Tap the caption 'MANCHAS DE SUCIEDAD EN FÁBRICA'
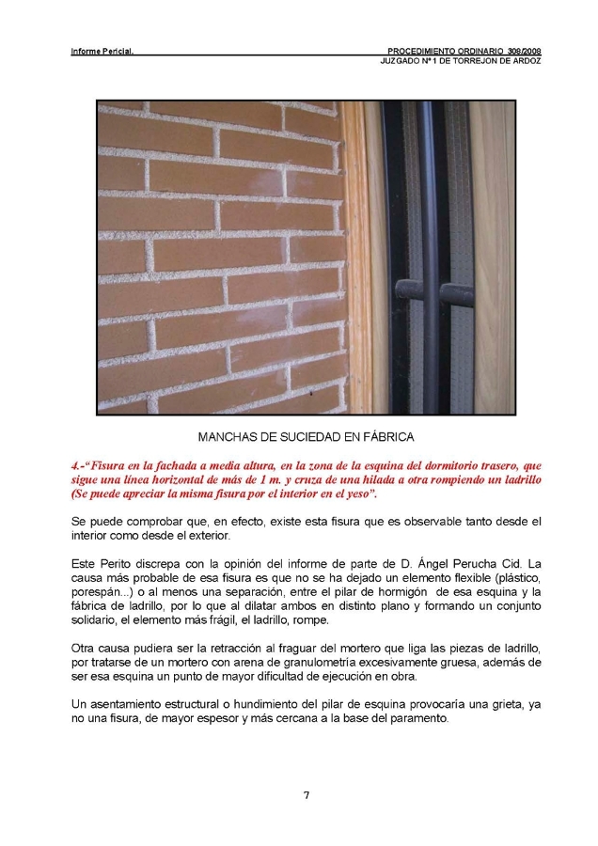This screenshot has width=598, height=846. (x=306, y=437)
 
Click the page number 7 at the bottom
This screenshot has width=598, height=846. (x=306, y=795)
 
